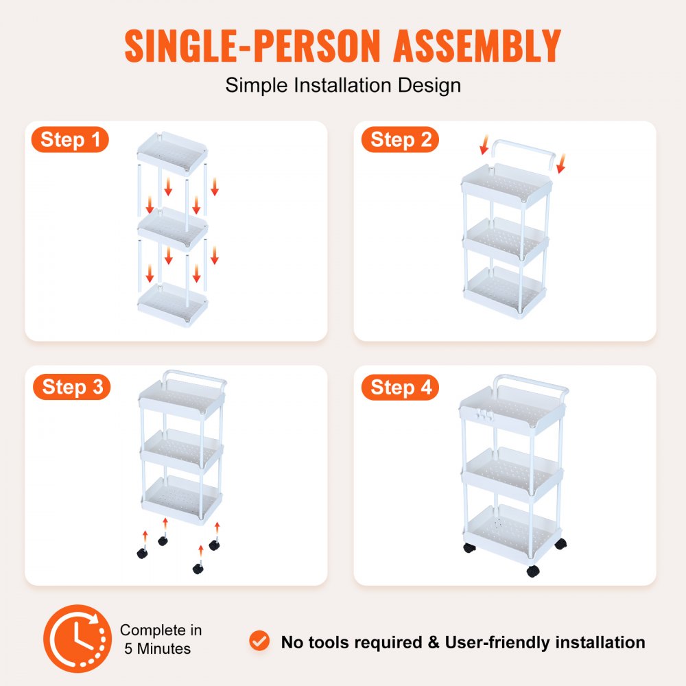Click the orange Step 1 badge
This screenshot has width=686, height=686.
click(71, 140)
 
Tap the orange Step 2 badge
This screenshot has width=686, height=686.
click(401, 140)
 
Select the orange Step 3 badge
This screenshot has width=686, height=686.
click(72, 387)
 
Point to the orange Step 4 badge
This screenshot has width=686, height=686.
click(401, 388)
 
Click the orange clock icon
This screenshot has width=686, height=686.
click(78, 639)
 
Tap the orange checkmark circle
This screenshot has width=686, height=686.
click(259, 642)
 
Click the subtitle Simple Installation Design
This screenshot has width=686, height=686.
click(343, 86)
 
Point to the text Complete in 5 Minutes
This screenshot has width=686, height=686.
click(161, 639)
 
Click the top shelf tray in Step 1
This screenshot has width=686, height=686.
click(171, 154)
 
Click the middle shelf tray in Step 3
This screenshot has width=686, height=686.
click(181, 449)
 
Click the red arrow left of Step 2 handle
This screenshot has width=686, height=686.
click(484, 145)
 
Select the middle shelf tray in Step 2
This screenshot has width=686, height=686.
click(506, 241)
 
